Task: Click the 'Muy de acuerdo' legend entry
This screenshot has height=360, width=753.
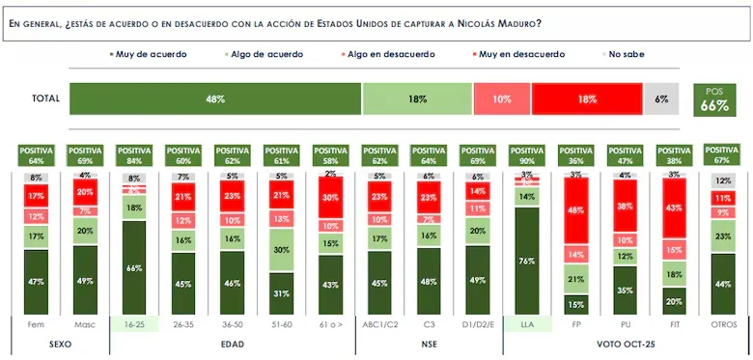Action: pos(150,54)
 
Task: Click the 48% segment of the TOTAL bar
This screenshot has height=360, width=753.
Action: pos(214,99)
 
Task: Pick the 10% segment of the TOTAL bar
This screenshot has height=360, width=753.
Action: pos(501,99)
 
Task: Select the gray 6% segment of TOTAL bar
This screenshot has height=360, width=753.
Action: pos(661,99)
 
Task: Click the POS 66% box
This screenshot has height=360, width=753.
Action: pos(714,99)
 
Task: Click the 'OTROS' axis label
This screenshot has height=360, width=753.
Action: pos(724,325)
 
